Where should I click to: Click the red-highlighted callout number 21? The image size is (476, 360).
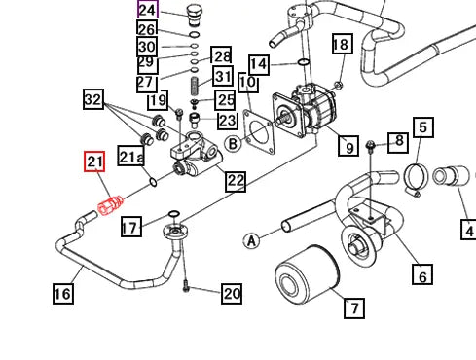(94, 162)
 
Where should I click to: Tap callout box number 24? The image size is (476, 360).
(147, 11)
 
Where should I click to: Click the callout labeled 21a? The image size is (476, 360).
(130, 158)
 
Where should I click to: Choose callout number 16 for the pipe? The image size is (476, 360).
(61, 293)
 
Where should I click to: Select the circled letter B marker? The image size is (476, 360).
(233, 145)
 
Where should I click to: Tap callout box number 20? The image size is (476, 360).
(231, 293)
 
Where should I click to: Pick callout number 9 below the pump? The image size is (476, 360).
(348, 148)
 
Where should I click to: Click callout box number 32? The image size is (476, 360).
(92, 99)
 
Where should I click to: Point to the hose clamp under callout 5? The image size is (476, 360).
(413, 177)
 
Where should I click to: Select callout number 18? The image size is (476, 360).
(340, 44)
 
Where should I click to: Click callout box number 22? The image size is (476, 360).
(236, 180)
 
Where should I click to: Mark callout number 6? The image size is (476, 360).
(422, 276)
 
